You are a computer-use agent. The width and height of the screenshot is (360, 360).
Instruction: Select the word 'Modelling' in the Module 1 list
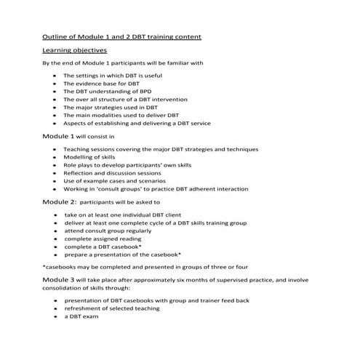[79, 157]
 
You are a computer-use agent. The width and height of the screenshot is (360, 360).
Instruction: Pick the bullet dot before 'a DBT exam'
[55, 316]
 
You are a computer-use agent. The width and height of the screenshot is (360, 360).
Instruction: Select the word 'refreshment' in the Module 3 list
[84, 308]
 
